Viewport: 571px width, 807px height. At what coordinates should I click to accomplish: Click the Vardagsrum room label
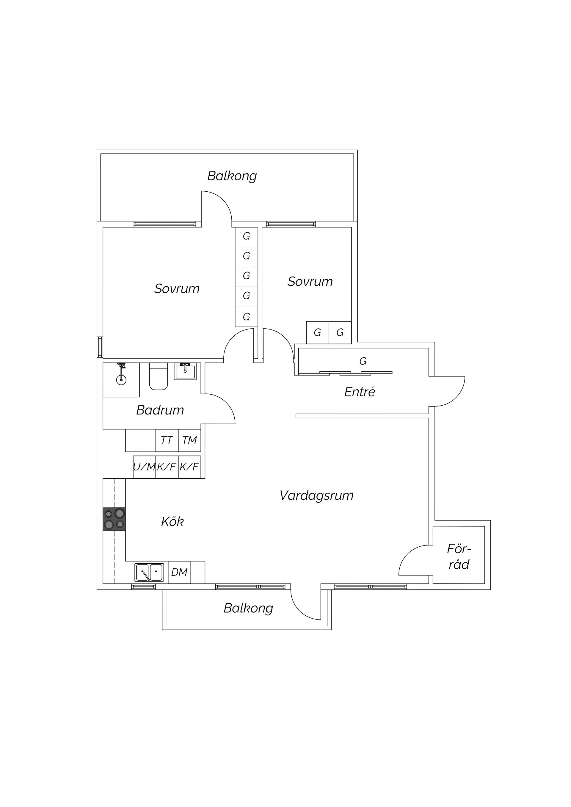[317, 496]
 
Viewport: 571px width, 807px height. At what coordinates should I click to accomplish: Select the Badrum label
[160, 410]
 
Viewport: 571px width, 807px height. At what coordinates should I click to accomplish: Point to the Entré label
[360, 392]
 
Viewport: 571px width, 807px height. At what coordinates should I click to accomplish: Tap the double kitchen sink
[149, 572]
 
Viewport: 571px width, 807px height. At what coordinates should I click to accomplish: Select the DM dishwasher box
[179, 572]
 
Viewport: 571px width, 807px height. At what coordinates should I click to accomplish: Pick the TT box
[167, 440]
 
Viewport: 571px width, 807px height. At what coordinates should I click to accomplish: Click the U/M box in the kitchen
[144, 467]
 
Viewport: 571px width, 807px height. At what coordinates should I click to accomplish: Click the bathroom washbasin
[185, 371]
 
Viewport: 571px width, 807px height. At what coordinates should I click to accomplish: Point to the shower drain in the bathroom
[121, 379]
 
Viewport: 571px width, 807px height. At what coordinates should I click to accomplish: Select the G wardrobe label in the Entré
[363, 361]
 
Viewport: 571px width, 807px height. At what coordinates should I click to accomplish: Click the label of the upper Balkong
[232, 176]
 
